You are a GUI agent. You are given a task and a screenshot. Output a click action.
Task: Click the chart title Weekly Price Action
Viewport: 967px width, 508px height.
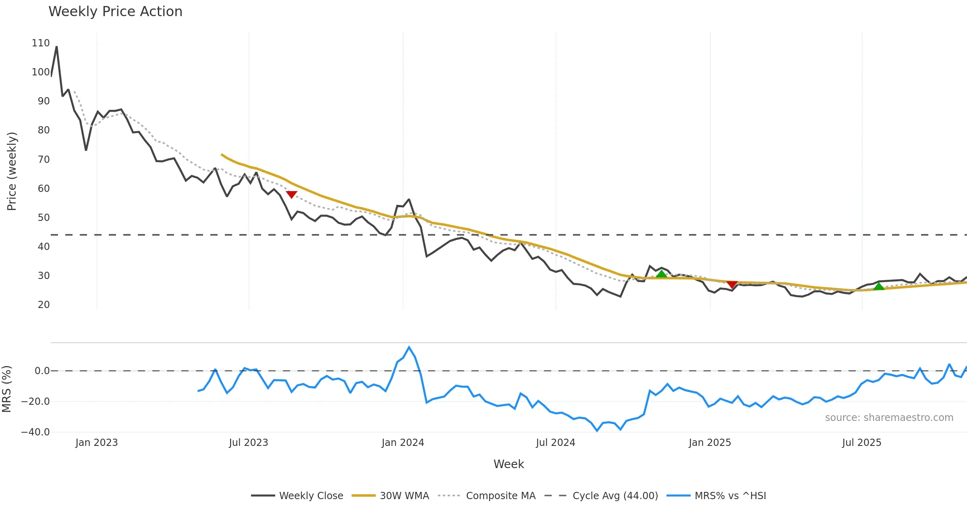click(x=115, y=12)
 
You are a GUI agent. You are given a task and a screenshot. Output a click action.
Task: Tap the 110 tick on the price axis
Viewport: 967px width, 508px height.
click(x=41, y=43)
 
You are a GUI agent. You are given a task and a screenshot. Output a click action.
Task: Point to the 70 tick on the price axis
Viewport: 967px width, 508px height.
click(x=44, y=160)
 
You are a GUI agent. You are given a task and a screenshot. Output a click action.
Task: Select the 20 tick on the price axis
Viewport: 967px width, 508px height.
click(x=44, y=305)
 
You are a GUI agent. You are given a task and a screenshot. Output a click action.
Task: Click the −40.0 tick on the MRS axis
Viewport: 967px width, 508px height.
click(x=35, y=432)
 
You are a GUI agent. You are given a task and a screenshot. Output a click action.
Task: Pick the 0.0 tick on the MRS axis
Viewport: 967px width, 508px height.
click(x=42, y=371)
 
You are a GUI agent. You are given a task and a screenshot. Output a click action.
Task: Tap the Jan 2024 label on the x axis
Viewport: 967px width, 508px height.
click(x=403, y=443)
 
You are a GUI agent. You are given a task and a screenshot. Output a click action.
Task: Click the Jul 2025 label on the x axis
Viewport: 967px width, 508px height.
click(x=861, y=443)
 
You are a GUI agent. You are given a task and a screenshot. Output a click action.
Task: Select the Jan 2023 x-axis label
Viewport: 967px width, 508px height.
click(x=97, y=443)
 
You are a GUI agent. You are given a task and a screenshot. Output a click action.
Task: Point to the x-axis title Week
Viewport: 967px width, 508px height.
click(x=508, y=464)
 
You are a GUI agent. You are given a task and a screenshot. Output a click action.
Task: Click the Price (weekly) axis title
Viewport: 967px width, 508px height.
click(x=12, y=171)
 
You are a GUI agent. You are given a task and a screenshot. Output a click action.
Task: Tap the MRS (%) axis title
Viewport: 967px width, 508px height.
click(x=7, y=389)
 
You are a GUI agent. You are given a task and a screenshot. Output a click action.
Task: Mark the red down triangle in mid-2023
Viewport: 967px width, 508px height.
click(x=291, y=195)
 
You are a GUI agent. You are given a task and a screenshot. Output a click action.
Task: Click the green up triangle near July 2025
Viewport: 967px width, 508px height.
click(x=879, y=287)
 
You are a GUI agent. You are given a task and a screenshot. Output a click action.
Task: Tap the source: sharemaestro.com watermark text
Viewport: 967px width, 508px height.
click(x=889, y=418)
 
